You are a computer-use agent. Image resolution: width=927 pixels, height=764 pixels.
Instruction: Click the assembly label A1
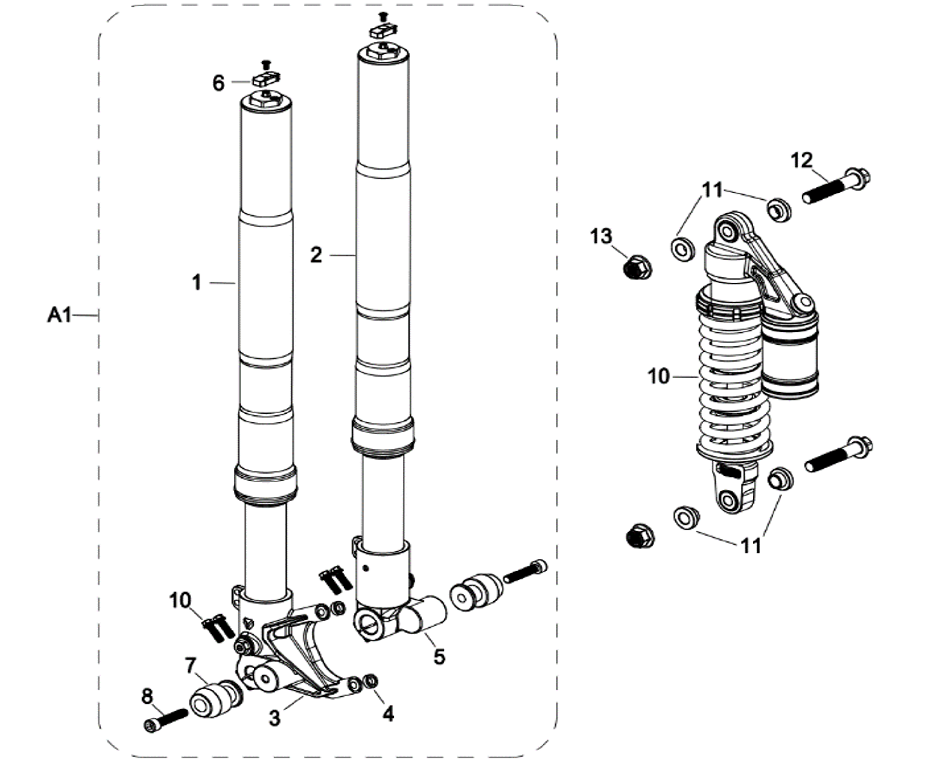click(x=59, y=315)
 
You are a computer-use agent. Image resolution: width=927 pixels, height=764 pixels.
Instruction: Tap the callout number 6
click(x=218, y=83)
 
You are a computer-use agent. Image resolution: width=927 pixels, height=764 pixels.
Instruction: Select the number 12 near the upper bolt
click(x=802, y=161)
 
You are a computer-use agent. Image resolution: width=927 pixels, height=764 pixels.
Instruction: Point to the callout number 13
click(x=601, y=236)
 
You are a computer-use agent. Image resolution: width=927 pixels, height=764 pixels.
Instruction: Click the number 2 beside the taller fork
click(x=316, y=255)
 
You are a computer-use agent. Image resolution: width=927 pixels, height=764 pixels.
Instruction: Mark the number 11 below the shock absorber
click(x=751, y=546)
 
